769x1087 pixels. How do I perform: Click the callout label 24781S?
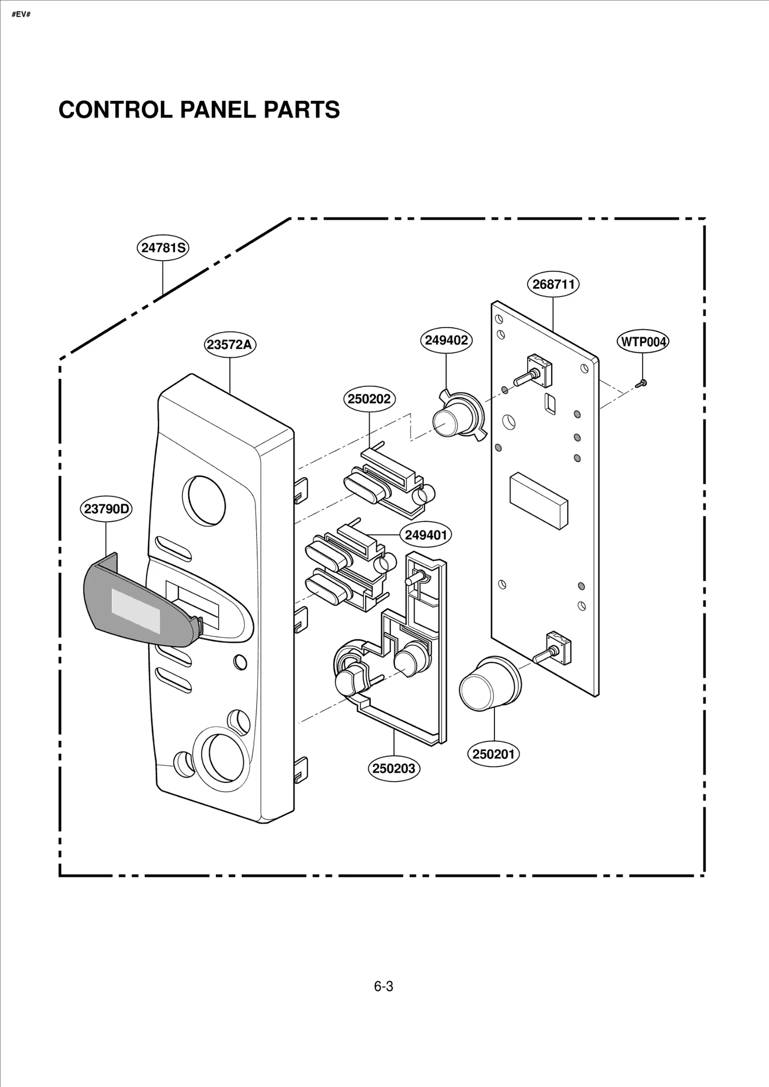pos(163,248)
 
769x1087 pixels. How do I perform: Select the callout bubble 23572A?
pos(230,345)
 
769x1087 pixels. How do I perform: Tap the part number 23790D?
pos(106,509)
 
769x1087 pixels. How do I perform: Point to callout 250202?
pos(369,399)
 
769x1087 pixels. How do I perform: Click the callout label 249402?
pos(446,340)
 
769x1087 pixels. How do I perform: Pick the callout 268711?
pos(553,284)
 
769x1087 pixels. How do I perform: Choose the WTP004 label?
pos(643,342)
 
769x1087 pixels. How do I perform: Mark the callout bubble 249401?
pos(426,535)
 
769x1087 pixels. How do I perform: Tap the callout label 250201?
pos(494,754)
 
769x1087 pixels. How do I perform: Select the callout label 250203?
pos(394,769)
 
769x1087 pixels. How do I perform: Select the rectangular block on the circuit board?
pos(538,500)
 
